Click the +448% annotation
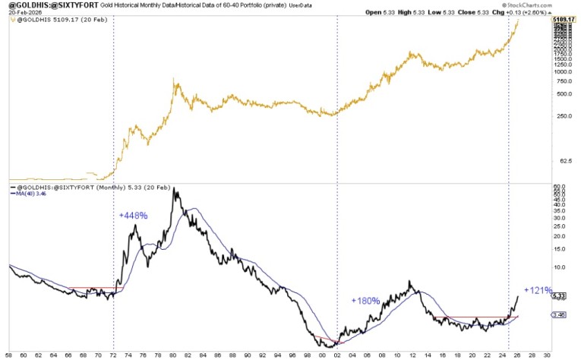(133, 216)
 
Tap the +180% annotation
(365, 302)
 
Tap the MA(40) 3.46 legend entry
(28, 193)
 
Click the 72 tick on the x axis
(114, 354)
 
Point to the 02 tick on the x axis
(337, 354)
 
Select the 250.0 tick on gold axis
(562, 116)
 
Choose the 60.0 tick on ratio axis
(560, 186)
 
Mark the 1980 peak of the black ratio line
(175, 190)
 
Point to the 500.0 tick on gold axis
(562, 94)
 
